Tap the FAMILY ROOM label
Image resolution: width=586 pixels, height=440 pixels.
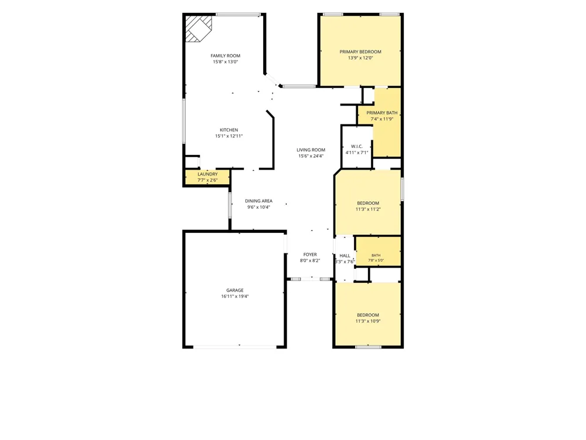(226, 56)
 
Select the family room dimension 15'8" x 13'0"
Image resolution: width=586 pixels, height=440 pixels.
(226, 62)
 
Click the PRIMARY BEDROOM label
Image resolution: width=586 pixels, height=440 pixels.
(360, 52)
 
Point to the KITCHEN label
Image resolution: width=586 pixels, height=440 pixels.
(229, 130)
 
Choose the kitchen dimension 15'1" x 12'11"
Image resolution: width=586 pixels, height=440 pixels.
(229, 136)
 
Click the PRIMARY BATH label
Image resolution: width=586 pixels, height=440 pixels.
(382, 113)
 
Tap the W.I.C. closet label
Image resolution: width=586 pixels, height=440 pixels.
(357, 146)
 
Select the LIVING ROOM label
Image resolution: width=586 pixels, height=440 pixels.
(311, 150)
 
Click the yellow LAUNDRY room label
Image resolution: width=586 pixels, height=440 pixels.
(207, 174)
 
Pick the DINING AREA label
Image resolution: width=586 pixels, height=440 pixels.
(258, 201)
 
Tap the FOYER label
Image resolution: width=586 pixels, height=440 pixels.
(310, 255)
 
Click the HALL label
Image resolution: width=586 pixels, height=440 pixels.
(345, 256)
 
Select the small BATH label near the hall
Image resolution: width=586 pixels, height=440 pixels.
(376, 255)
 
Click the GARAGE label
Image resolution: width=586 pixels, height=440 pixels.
(235, 290)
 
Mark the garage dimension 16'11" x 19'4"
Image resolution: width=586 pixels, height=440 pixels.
(235, 296)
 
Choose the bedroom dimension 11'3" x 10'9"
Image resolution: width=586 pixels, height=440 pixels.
(368, 321)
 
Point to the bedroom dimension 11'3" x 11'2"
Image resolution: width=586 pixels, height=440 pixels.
(368, 209)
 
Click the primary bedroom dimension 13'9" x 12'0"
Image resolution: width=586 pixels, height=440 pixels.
(360, 58)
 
